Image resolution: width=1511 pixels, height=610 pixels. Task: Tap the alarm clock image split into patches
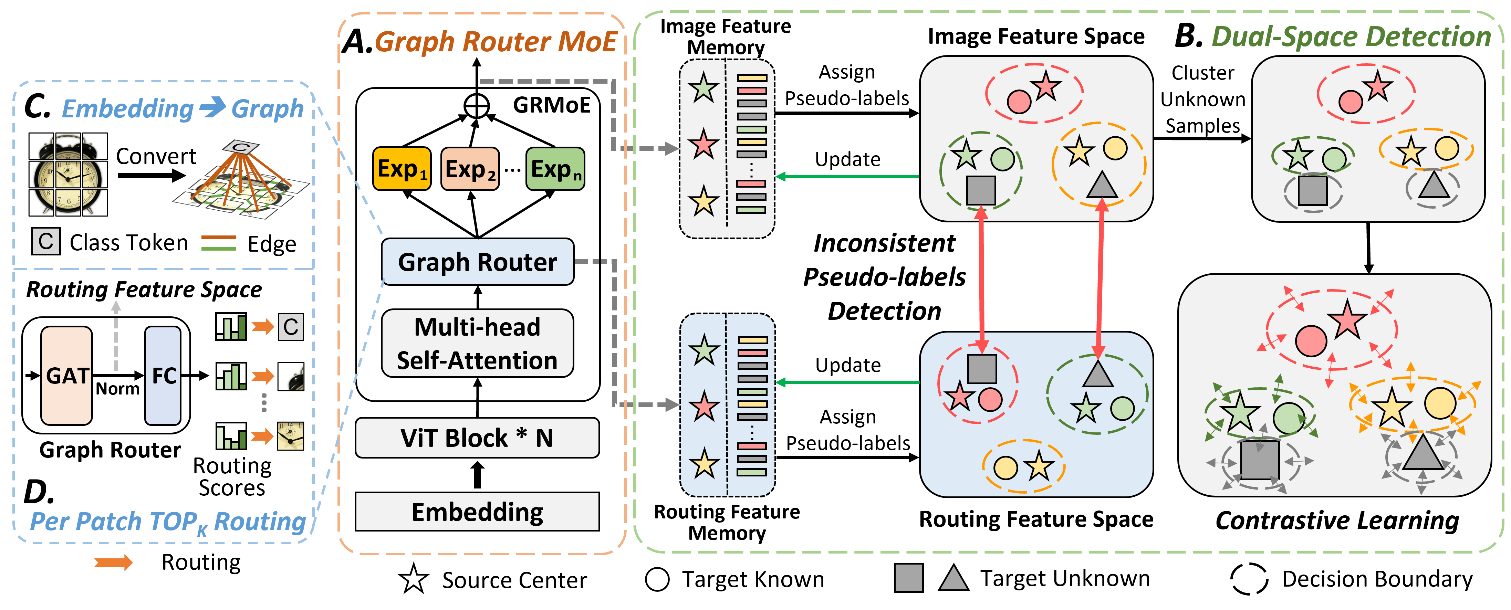point(68,174)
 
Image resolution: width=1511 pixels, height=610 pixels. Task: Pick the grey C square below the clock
point(46,241)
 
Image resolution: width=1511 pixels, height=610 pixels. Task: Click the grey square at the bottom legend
point(909,578)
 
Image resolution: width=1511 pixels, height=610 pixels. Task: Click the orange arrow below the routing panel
point(114,563)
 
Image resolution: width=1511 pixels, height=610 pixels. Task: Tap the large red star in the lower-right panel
point(1347,320)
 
